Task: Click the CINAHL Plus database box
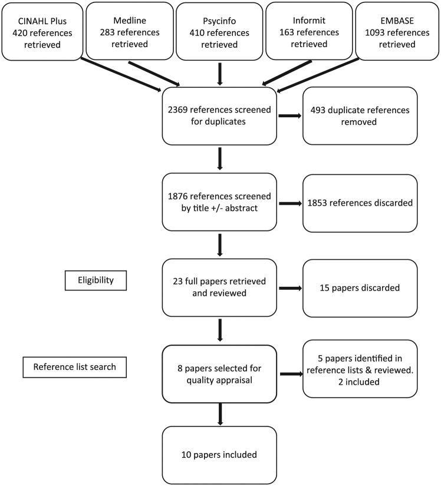coord(41,31)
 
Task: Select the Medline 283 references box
coord(131,31)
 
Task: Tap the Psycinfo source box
coord(219,31)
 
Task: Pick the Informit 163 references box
coord(307,31)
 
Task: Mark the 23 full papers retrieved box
coord(219,287)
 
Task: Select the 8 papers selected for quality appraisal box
coord(219,373)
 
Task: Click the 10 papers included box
coord(219,454)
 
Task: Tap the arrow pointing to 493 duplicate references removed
coord(289,116)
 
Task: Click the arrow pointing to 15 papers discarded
coord(289,288)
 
